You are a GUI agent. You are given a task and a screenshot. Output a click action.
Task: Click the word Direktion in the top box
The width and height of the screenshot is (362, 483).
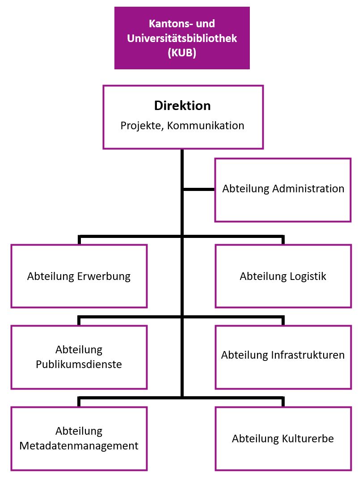[182, 106]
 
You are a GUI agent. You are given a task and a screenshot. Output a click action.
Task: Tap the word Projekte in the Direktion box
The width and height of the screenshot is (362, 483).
[139, 125]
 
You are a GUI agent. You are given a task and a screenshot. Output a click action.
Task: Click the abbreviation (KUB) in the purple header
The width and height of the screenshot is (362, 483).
[182, 53]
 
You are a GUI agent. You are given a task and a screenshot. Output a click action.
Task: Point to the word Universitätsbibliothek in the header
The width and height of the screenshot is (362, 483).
[182, 38]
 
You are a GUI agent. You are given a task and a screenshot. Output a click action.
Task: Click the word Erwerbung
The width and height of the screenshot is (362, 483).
[104, 276]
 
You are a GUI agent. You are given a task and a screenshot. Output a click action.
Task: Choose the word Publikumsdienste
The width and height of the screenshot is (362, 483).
[79, 364]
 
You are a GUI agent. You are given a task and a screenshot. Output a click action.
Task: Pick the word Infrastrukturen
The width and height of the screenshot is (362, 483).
[308, 355]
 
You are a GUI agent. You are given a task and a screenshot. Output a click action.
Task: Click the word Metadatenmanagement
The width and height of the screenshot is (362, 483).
[79, 446]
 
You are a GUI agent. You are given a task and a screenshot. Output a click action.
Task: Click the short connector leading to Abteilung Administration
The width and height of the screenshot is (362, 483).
[199, 190]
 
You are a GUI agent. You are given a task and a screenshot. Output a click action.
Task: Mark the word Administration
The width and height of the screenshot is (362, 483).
[308, 188]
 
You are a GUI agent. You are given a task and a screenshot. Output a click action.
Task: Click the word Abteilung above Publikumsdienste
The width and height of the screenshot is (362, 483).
[79, 349]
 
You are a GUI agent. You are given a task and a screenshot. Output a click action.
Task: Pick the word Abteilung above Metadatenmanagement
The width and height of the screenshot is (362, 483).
[79, 431]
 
